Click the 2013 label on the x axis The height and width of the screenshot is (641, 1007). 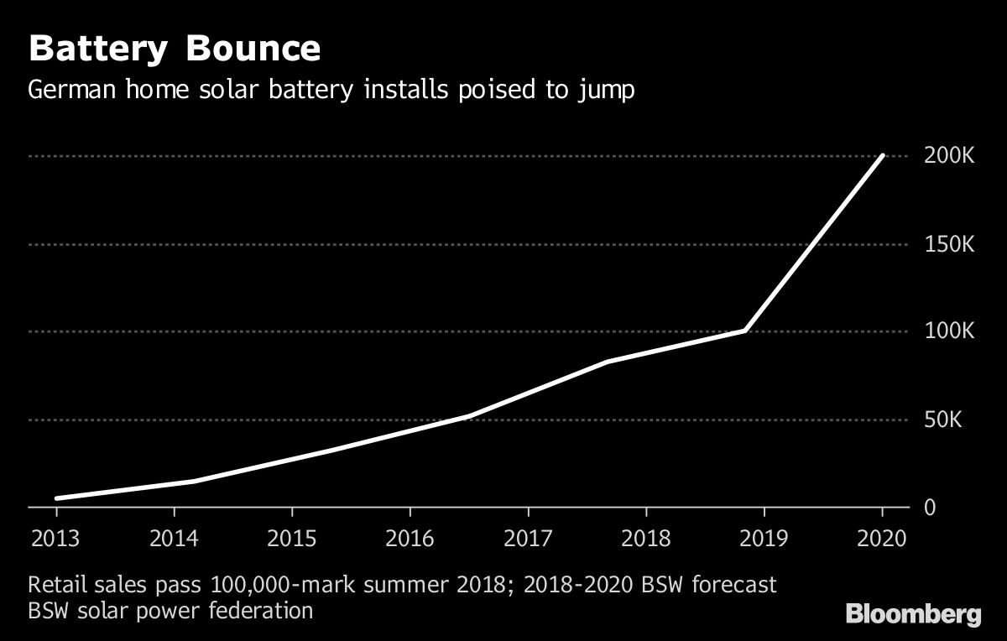(55, 538)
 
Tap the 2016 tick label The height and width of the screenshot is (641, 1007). (410, 538)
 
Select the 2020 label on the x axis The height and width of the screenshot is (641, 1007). (882, 538)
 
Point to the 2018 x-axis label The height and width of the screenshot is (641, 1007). (645, 538)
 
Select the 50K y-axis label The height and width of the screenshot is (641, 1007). (942, 420)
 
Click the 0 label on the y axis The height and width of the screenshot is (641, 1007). (929, 508)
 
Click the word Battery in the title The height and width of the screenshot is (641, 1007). (98, 50)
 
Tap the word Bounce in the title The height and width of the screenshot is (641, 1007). (253, 50)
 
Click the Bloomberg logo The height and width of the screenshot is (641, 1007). (913, 613)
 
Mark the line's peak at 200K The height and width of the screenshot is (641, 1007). (882, 156)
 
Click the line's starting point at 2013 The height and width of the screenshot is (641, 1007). (56, 498)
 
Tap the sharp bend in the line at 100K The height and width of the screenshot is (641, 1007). (745, 331)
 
